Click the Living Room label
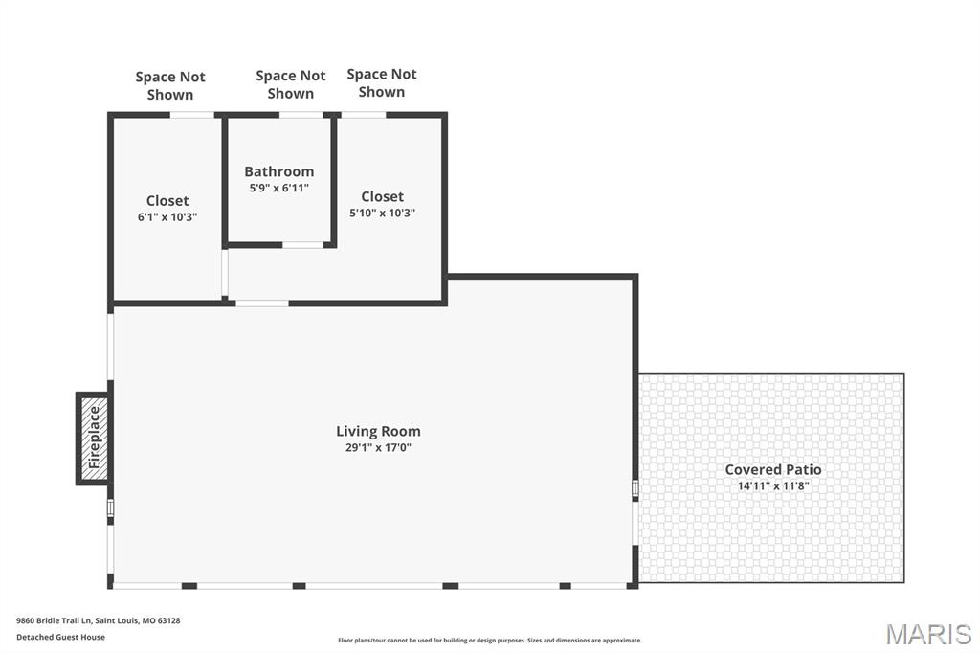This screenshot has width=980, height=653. (x=378, y=431)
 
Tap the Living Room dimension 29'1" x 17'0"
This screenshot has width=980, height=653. (x=378, y=447)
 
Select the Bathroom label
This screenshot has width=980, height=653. (x=278, y=171)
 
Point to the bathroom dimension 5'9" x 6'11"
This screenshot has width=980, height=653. (x=278, y=188)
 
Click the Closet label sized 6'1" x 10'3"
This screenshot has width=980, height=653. (x=167, y=201)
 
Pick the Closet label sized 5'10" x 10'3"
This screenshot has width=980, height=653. (x=383, y=196)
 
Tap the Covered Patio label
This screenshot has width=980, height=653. (x=773, y=470)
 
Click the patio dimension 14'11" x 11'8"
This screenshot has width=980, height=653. (x=773, y=486)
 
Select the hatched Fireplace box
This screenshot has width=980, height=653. (x=95, y=438)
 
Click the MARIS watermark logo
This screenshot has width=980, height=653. (x=928, y=634)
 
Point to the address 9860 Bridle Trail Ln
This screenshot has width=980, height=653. (x=55, y=620)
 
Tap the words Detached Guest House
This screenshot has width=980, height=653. (x=60, y=637)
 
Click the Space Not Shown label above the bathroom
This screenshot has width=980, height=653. (x=291, y=84)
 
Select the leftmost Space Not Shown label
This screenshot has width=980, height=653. (x=170, y=85)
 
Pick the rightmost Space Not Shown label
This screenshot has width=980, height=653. (x=382, y=82)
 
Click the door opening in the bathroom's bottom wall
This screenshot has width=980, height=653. (x=303, y=244)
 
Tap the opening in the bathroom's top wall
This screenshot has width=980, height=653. (x=301, y=115)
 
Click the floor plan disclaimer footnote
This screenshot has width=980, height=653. (x=490, y=640)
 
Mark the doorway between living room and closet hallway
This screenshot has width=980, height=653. (x=262, y=304)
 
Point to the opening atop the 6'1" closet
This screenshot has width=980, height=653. (x=192, y=115)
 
